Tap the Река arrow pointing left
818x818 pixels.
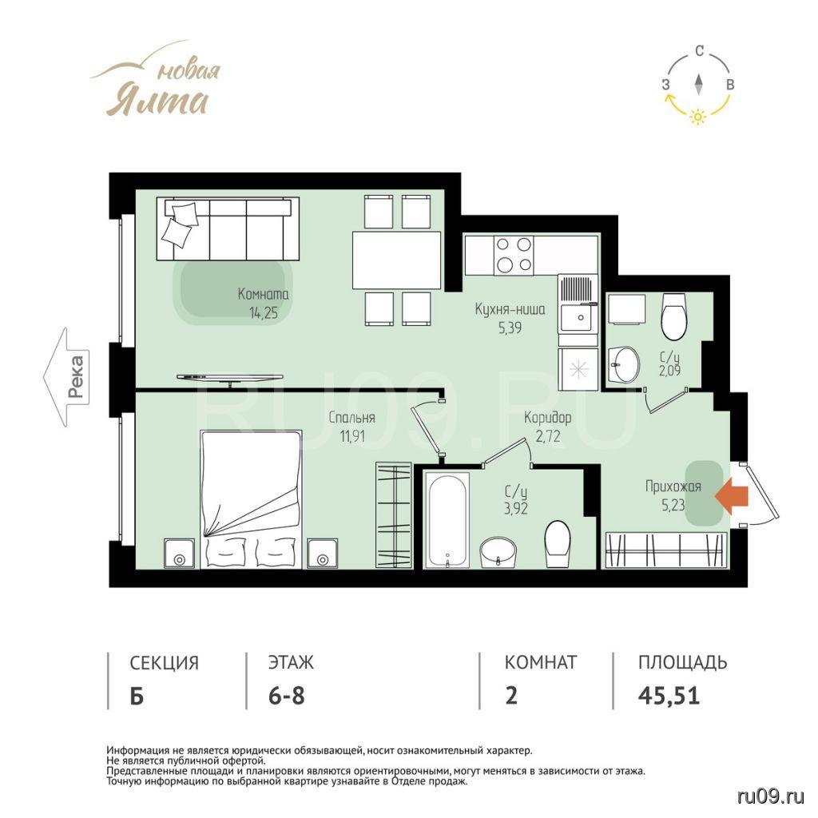(66, 377)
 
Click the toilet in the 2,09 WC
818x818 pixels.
(673, 316)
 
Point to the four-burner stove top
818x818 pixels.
(514, 255)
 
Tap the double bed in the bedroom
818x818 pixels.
(252, 499)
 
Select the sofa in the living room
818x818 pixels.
(228, 228)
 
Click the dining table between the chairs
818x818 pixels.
(396, 260)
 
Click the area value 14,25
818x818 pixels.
(264, 313)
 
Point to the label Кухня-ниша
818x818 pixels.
(510, 309)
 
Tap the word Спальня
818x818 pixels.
(352, 417)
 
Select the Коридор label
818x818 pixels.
(548, 417)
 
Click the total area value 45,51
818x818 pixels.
(669, 696)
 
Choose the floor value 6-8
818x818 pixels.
(287, 696)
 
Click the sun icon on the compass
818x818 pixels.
(698, 117)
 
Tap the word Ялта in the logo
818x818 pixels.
(159, 101)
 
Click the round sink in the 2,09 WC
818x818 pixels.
(625, 363)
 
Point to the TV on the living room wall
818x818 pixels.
(230, 378)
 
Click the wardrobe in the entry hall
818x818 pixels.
(665, 550)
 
